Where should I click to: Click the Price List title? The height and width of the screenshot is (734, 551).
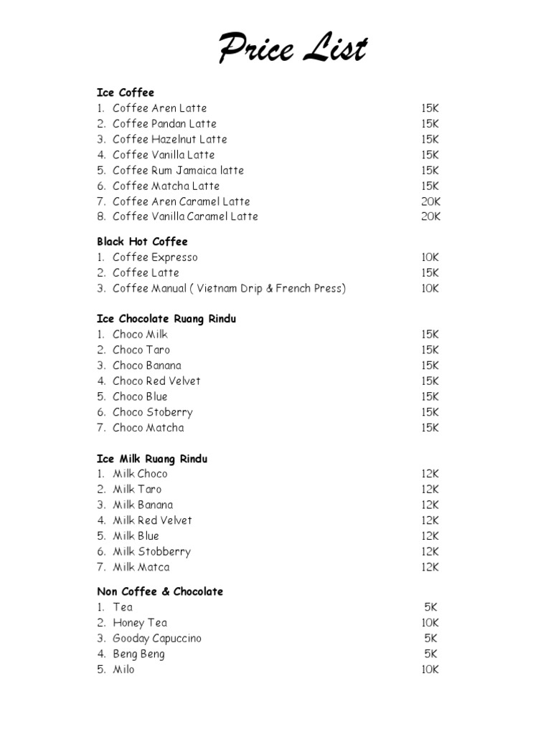pos(293,50)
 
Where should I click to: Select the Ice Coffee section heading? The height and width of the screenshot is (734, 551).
pos(126,92)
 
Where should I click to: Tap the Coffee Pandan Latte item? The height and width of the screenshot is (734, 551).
pos(164,123)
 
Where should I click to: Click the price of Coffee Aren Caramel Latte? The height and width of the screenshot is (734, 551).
pos(430,201)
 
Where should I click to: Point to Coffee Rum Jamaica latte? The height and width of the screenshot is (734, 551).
pos(178,171)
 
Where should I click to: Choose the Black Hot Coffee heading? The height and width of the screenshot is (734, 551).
pos(142,242)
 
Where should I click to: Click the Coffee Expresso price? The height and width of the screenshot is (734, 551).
pos(430,257)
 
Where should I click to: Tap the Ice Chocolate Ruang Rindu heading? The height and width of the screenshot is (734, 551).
pos(166,319)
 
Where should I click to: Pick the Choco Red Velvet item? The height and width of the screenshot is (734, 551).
pos(156,381)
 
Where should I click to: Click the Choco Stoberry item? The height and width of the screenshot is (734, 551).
pos(152,412)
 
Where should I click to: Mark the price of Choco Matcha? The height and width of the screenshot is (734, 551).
pos(430,428)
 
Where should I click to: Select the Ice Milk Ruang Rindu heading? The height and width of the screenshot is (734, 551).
pos(152,459)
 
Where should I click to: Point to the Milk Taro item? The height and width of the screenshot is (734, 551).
pos(137,489)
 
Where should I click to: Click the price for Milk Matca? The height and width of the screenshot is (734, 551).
pos(430,567)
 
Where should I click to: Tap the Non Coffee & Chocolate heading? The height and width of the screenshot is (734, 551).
pos(160,591)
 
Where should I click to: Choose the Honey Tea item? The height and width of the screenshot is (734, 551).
pos(140,623)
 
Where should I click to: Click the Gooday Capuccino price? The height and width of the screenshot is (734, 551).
pos(430,638)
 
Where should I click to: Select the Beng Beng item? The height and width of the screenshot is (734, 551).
pos(138,654)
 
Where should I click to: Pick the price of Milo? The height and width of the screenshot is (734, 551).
pos(430,669)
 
